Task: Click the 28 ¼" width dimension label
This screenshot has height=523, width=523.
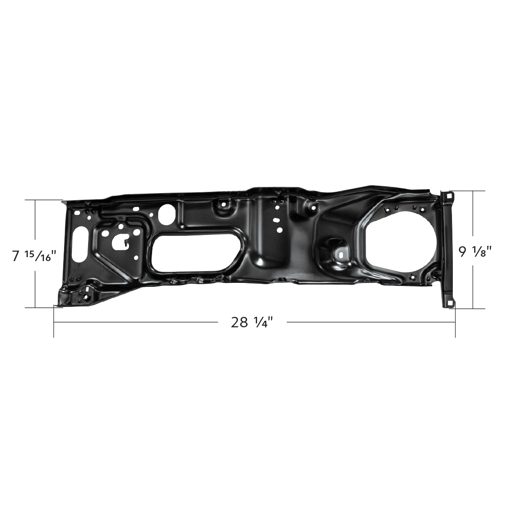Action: click(252, 323)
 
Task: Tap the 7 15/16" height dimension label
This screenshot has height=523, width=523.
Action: click(35, 256)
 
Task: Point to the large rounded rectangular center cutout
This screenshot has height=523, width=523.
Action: click(194, 254)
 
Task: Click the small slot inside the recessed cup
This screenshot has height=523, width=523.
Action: click(341, 252)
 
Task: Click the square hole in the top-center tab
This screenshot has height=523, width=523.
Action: click(224, 204)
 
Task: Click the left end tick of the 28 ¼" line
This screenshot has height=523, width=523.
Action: click(54, 323)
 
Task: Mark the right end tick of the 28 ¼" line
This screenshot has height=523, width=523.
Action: click(455, 323)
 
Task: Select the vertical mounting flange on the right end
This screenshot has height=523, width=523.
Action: click(447, 248)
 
